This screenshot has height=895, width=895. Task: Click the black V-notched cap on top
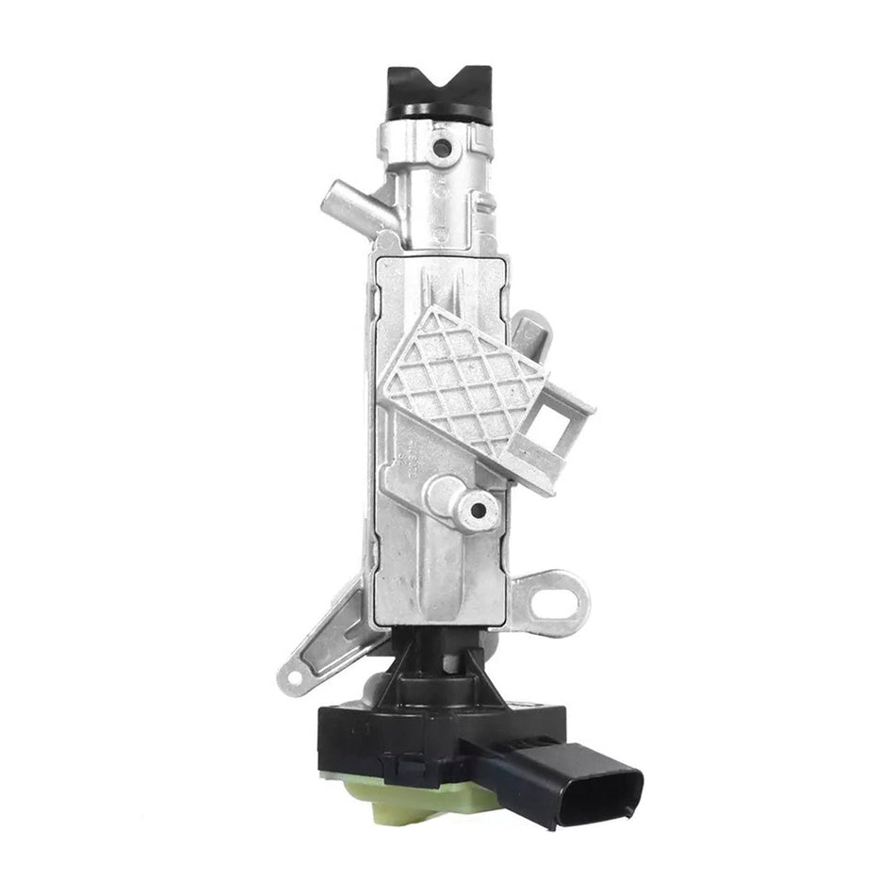point(440,86)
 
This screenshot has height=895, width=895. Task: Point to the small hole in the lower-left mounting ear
point(294,675)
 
